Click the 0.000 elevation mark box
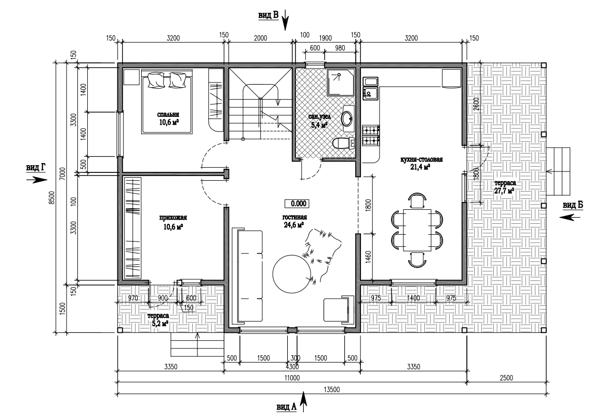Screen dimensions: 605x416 click(297, 204)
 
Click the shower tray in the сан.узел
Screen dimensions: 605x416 click(340, 82)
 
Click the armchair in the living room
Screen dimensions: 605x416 click(339, 310)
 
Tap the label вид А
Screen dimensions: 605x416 click(287, 407)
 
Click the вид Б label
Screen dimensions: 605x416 click(573, 206)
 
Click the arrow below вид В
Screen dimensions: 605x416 click(285, 20)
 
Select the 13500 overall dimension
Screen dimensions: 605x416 click(331, 390)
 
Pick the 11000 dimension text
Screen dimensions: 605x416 click(292, 378)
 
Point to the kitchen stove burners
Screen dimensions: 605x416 click(371, 136)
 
